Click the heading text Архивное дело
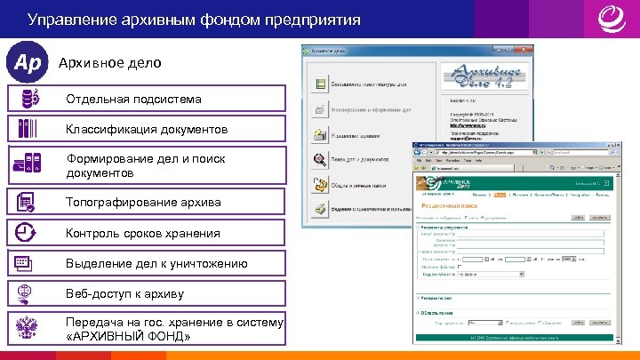(97, 64)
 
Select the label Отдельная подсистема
(133, 99)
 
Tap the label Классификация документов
(147, 130)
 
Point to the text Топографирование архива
(143, 203)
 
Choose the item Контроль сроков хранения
(143, 234)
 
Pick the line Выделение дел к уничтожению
(156, 264)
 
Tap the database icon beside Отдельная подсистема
(28, 98)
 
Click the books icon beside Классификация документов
(28, 129)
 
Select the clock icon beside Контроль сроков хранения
(25, 233)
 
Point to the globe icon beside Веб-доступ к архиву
(25, 293)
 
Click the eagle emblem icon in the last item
(25, 329)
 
